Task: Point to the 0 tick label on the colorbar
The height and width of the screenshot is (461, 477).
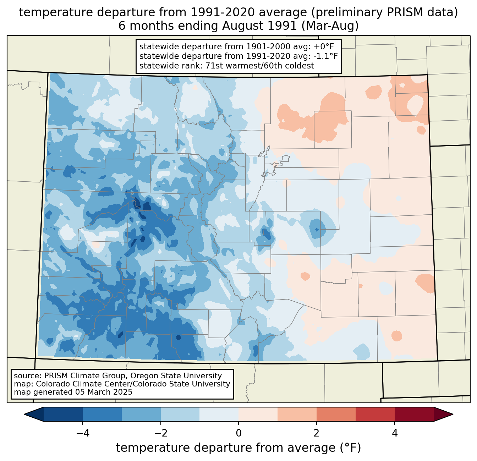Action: tap(238, 433)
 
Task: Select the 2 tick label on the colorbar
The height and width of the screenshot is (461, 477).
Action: tap(317, 433)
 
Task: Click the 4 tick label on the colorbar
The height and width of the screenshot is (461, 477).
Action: tap(395, 433)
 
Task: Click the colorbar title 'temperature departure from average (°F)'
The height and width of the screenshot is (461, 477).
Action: tap(238, 448)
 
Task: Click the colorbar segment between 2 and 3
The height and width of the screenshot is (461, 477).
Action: tap(336, 414)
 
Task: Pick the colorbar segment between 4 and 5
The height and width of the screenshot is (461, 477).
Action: tap(414, 414)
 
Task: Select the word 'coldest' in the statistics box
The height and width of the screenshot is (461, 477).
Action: tap(301, 66)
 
